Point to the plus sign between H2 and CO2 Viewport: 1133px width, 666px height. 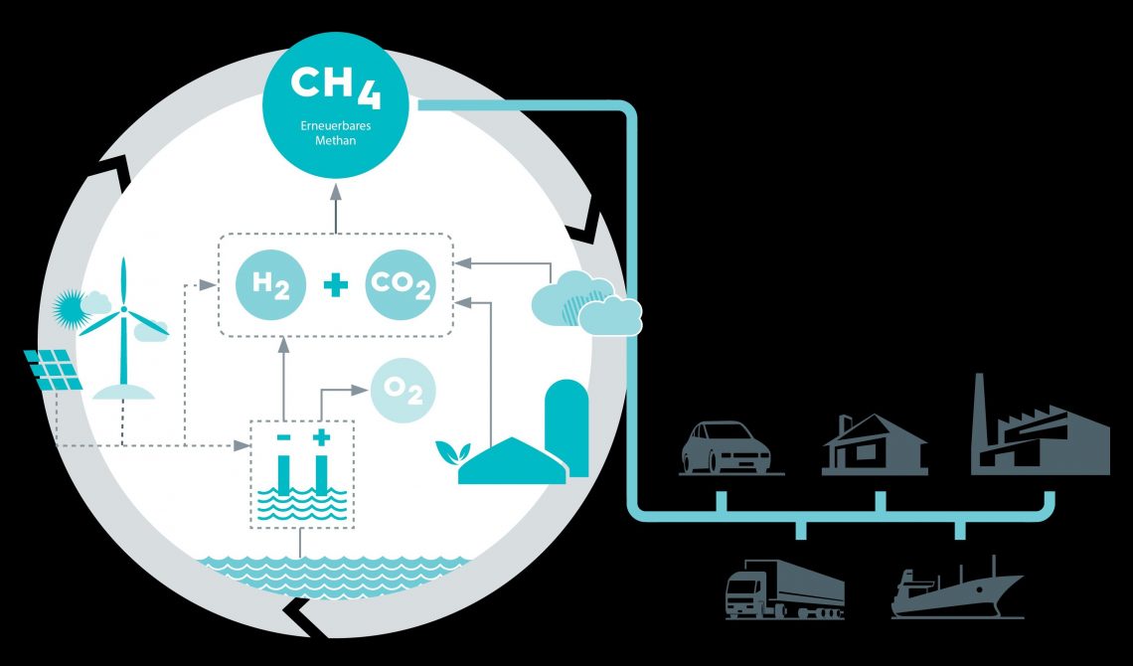pyautogui.click(x=335, y=285)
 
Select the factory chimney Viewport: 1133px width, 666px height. pyautogui.click(x=979, y=408)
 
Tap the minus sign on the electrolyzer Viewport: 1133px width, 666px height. pyautogui.click(x=283, y=437)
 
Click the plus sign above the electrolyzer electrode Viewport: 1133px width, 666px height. pyautogui.click(x=321, y=437)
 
